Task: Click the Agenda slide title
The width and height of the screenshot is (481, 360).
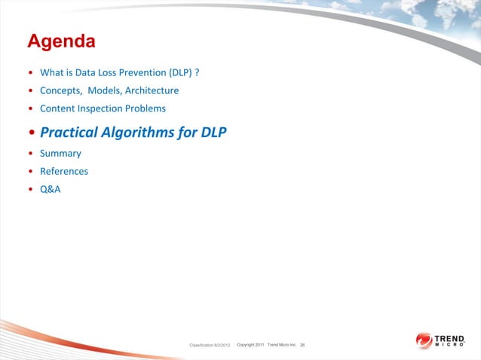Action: pos(61,41)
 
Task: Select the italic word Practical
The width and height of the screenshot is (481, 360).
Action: pos(69,133)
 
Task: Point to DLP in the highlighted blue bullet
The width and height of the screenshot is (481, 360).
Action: pos(213,133)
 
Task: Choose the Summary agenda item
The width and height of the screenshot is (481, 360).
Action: pos(60,154)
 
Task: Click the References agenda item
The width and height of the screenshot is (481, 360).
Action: pos(64,172)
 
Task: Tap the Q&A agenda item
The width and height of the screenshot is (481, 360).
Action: pos(50,189)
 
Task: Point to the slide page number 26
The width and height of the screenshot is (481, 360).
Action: pos(302,345)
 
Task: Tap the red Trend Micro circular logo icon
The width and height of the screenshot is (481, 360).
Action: pos(424,340)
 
